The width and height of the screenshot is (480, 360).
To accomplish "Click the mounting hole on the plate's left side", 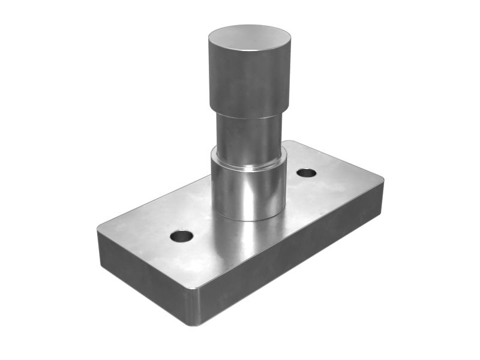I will point(181,236).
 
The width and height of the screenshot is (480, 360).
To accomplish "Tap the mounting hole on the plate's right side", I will point(306,173).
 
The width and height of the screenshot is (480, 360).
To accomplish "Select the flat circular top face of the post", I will point(250,37).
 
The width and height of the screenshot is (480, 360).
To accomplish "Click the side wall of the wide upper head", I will point(250,84).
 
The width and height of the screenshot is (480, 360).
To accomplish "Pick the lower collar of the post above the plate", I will point(248,192).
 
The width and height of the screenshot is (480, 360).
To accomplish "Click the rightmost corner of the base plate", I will point(382,180).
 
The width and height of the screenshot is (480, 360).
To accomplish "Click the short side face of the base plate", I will point(144,279).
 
